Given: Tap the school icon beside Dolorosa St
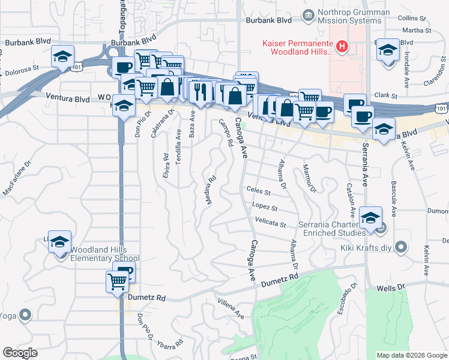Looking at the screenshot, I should point(62,57).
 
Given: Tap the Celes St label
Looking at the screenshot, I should point(259,192).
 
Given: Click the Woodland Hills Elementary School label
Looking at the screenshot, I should point(105,254).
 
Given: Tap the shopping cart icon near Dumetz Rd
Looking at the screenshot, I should point(117,281).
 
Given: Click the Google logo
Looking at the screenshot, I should point(20,353).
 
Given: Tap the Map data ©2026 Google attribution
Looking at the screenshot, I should point(412,355).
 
